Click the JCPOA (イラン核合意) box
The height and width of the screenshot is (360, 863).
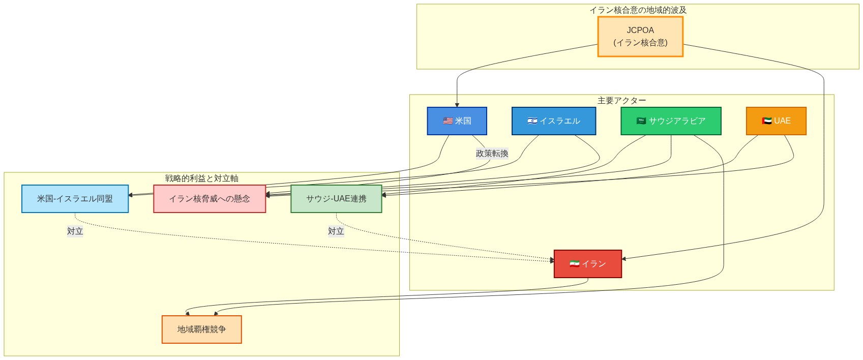640,37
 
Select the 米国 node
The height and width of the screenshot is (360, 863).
457,121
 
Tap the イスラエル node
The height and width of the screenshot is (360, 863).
553,121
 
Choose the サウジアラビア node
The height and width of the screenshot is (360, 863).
671,121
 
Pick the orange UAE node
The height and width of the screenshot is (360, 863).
776,121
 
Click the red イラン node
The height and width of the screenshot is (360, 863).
587,264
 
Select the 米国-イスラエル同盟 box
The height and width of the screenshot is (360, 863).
75,199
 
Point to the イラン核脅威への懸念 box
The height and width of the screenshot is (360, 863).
210,199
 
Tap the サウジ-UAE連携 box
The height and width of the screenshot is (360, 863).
336,199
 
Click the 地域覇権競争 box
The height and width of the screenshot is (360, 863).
201,329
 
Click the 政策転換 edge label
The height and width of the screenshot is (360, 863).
492,153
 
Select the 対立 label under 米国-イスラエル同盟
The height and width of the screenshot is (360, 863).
75,231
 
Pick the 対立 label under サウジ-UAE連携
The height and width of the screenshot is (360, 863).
336,231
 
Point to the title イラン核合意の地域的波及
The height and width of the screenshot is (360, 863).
638,10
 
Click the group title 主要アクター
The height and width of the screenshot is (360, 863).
621,101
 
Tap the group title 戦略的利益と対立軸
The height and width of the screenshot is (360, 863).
201,178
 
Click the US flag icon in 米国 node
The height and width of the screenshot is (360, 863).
448,121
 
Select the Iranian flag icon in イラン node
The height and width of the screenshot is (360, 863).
574,264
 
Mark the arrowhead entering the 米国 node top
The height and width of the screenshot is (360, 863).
457,105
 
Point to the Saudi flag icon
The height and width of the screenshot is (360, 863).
641,121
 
